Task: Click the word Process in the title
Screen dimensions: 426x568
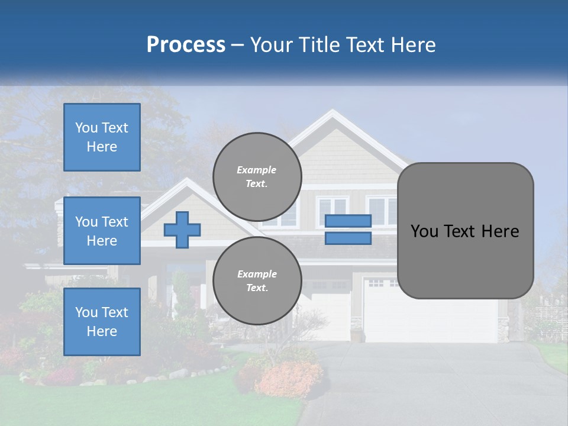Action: click(x=186, y=45)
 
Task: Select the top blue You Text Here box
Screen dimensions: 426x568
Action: click(x=102, y=137)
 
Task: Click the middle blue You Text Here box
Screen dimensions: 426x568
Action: click(x=102, y=231)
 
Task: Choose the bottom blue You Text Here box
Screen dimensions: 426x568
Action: click(x=102, y=321)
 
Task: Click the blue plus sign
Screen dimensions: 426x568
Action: click(x=182, y=230)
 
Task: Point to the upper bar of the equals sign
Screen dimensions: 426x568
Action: click(x=348, y=221)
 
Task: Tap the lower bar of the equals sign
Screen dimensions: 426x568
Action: click(x=348, y=238)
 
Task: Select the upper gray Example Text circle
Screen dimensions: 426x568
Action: click(x=257, y=177)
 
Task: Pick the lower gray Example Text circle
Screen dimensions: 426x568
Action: click(x=257, y=280)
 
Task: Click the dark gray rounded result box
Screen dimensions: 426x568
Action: click(x=465, y=231)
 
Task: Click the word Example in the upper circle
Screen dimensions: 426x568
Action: click(x=257, y=170)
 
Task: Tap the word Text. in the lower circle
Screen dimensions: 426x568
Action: click(x=257, y=288)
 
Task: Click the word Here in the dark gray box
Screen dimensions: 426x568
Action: click(x=500, y=231)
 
